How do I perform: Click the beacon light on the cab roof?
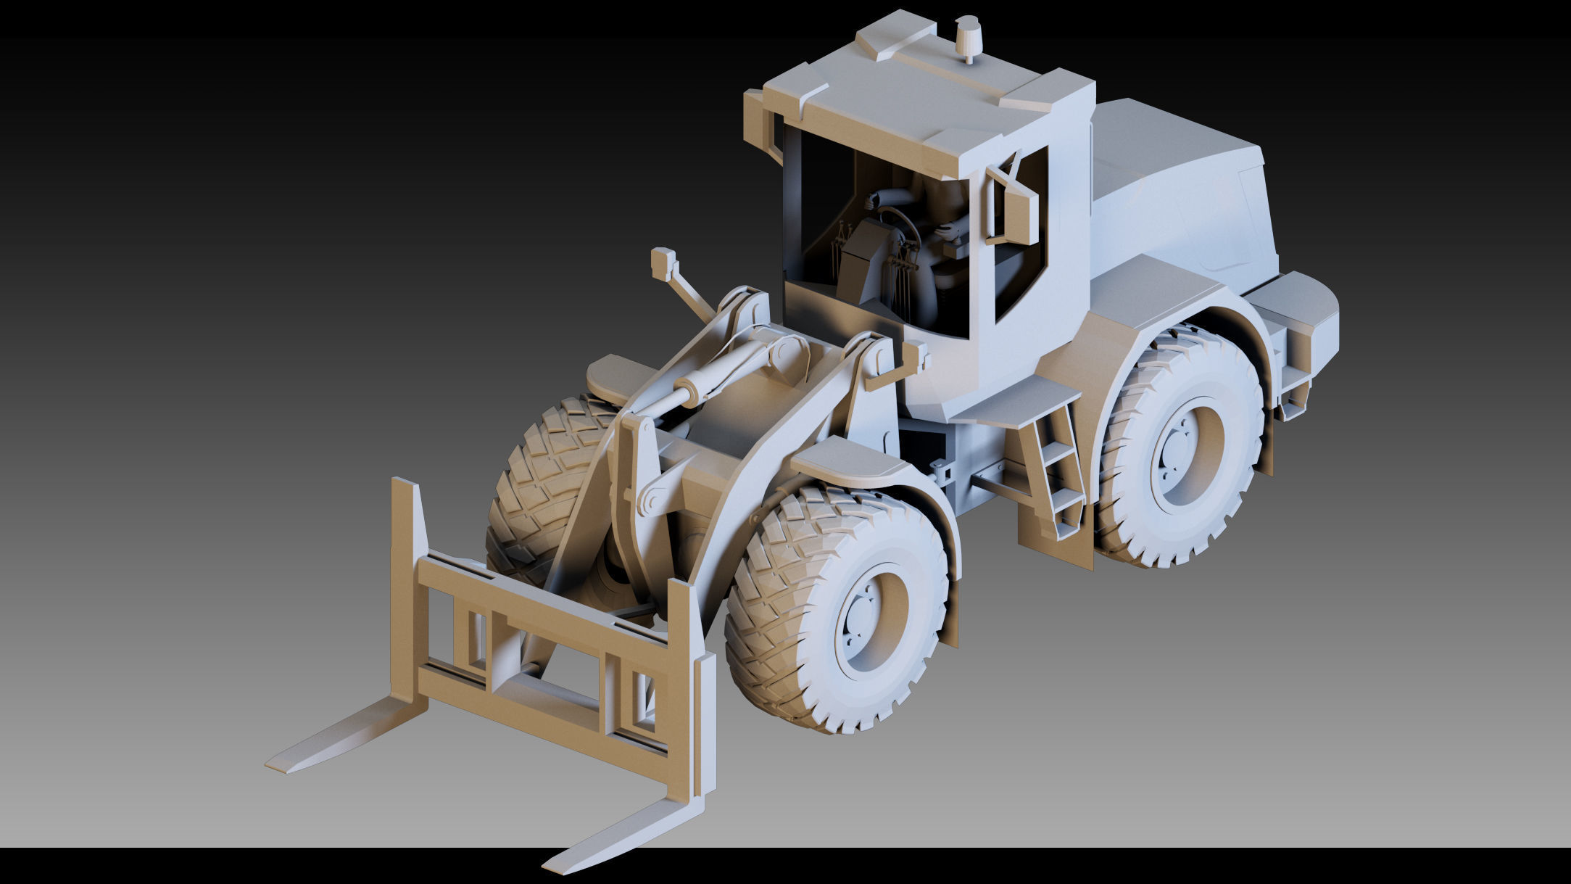(x=968, y=39)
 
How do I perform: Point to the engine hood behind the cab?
(x=1174, y=181)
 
